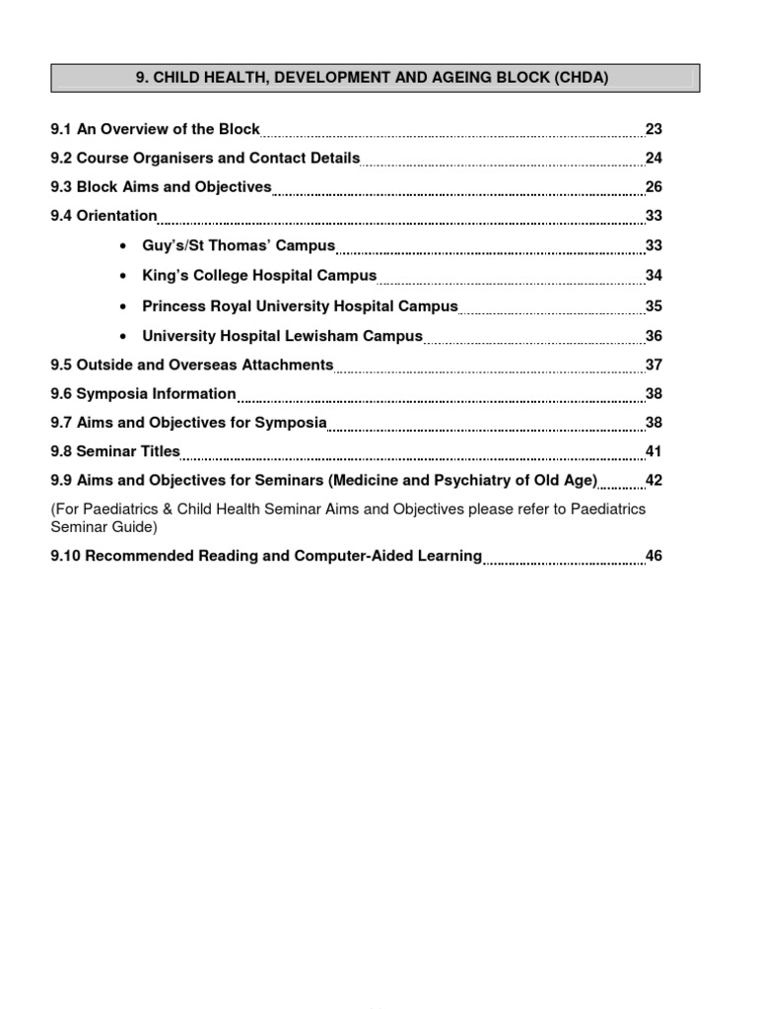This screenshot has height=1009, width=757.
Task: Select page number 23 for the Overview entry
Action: point(654,129)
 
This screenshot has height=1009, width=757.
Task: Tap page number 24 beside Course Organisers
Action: point(654,159)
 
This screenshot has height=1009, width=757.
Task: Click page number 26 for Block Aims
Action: point(654,187)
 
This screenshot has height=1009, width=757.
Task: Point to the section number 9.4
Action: point(61,216)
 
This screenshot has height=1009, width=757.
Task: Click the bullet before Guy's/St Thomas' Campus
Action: point(121,246)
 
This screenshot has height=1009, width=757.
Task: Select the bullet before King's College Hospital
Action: point(121,276)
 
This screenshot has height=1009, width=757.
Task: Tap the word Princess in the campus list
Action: point(173,306)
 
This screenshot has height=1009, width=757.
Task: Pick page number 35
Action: point(654,306)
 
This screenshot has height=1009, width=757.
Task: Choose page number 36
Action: point(654,336)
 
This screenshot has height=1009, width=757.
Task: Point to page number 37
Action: point(654,365)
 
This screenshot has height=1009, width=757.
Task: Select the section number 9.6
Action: point(61,394)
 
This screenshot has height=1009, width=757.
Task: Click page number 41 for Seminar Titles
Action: point(654,452)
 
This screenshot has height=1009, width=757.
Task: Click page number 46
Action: point(654,556)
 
